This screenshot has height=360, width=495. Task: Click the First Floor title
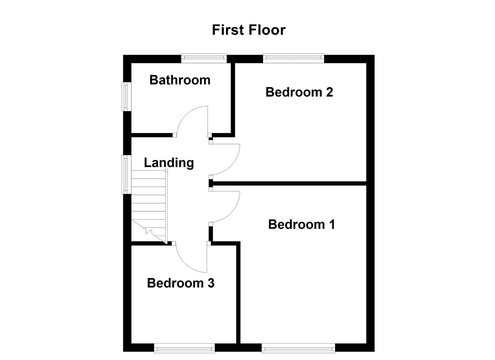(248, 30)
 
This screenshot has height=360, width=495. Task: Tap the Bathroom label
(180, 80)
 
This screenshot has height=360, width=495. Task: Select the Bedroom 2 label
(299, 92)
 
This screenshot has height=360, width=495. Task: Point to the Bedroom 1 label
(301, 224)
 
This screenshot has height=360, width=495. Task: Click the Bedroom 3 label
(181, 283)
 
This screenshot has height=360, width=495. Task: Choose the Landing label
(169, 163)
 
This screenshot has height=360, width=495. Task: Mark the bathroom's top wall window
(204, 58)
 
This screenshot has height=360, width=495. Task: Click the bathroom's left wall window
(126, 97)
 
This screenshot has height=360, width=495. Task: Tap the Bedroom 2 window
(293, 58)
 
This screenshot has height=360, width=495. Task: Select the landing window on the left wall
(126, 174)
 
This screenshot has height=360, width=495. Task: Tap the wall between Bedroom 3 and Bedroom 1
(238, 293)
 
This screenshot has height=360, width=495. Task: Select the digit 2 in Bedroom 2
(329, 92)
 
